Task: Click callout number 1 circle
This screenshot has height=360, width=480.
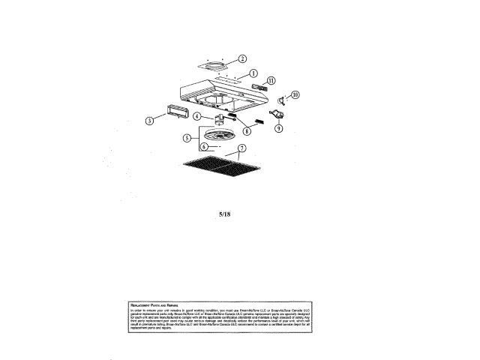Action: pos(252,73)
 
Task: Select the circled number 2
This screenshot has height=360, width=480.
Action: pos(242,58)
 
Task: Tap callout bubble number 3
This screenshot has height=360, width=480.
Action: pos(150,120)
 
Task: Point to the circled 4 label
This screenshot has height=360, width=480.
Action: pos(197,116)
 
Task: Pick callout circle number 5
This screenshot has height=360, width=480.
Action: pos(187,138)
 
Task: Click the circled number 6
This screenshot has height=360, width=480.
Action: pos(203,147)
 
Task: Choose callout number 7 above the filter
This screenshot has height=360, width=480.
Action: pos(242,148)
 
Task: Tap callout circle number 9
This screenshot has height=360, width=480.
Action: pos(278,128)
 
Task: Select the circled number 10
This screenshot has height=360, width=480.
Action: pos(295,95)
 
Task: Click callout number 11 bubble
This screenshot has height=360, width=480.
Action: pos(271,80)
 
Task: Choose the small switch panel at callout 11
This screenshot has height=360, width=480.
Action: pos(259,88)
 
